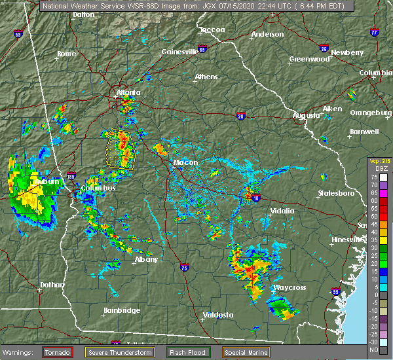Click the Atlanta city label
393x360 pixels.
128,92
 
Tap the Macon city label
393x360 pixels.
185,162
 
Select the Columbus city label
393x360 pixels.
98,189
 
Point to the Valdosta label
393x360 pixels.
218,315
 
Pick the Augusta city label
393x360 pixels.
307,115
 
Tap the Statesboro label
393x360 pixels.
335,194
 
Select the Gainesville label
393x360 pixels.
179,51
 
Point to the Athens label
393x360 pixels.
206,77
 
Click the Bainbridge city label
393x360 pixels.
122,310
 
